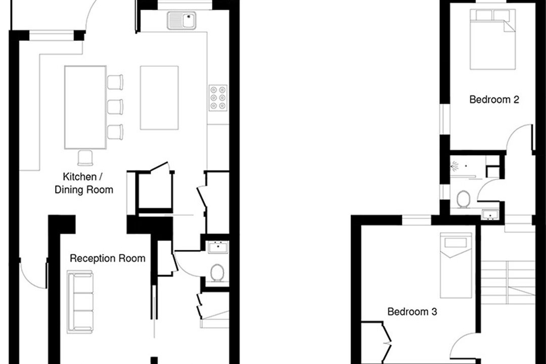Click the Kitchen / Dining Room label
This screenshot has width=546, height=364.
coord(84,183)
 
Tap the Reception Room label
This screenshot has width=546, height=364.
coord(108,258)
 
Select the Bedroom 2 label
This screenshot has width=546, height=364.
coord(494,100)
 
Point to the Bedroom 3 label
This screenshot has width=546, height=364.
coord(412,311)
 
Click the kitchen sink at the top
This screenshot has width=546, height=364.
coord(181,20)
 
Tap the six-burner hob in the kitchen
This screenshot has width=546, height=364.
coord(218,98)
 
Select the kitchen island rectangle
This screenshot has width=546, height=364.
coord(159,98)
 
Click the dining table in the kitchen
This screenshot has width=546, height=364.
coord(85,107)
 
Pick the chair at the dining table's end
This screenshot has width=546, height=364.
coord(85,158)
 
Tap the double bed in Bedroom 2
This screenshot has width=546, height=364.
coord(492,39)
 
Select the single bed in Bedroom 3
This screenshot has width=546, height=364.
coord(456,265)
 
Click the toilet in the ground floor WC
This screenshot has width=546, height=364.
coord(217,272)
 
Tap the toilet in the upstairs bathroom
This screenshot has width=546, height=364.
coord(463,199)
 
